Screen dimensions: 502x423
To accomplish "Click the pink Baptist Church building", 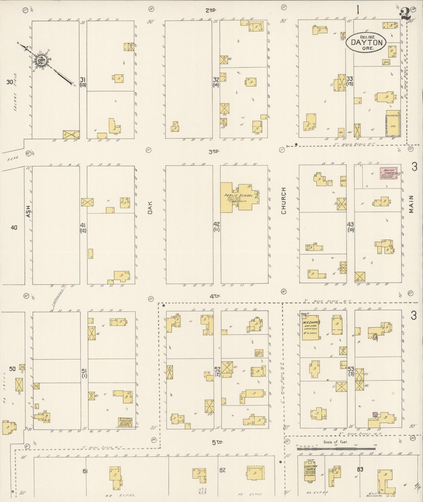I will [389, 173].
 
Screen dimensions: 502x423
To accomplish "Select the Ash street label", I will [28, 211].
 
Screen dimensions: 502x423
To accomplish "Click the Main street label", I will [411, 204].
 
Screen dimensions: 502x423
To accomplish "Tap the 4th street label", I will [215, 296].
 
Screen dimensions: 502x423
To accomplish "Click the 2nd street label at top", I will [210, 10].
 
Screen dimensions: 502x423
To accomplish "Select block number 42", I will [217, 224].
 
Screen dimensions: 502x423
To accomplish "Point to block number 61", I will [85, 471].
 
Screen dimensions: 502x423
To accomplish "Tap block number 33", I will [350, 78].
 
